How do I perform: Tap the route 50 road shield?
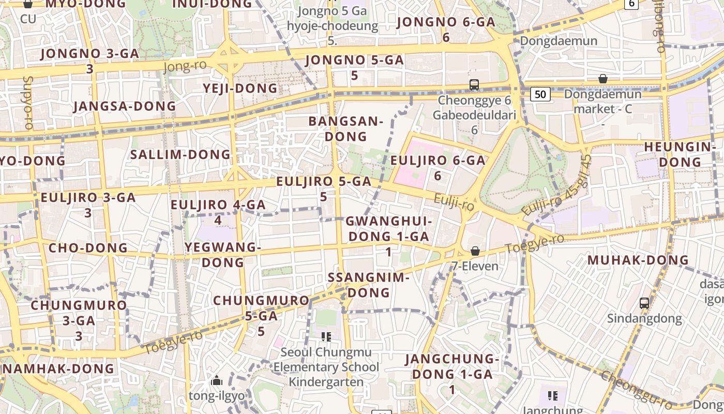(540, 94)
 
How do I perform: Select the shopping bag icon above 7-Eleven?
(475, 251)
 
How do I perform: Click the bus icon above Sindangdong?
(644, 303)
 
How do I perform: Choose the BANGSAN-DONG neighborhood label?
(345, 129)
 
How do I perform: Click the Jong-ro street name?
(185, 66)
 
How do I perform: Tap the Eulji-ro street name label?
(454, 202)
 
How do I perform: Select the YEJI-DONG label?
(240, 88)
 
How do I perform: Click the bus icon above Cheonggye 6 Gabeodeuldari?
(474, 85)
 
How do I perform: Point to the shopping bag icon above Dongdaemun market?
(602, 79)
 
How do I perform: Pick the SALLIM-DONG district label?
(180, 154)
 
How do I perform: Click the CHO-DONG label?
(88, 248)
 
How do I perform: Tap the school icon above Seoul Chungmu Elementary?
(326, 337)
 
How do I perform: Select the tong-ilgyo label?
(217, 396)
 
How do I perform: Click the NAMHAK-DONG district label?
(58, 368)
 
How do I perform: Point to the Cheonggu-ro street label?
(636, 389)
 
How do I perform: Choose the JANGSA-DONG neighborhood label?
(125, 106)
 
